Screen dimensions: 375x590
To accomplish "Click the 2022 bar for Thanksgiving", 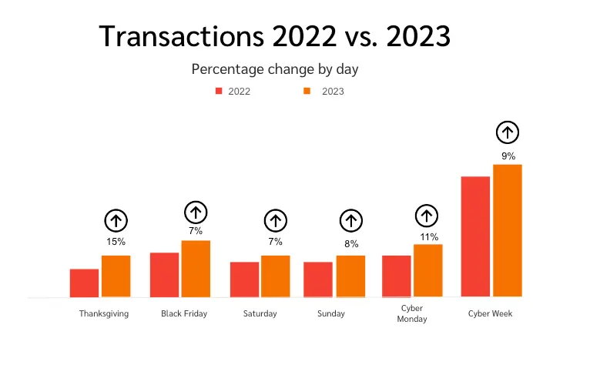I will coord(84,283).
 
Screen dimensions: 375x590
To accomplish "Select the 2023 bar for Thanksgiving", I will coord(116,276).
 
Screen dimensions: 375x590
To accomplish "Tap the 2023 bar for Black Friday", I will coord(196,268).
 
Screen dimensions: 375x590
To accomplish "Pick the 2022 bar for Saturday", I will coord(244,279).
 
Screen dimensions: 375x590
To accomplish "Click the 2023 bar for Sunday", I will coord(350,276).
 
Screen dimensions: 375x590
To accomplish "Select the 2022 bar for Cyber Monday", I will coord(397,276).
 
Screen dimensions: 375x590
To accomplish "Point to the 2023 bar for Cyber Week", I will coord(508,230).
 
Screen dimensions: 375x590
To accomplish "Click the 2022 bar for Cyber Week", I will coord(475,236).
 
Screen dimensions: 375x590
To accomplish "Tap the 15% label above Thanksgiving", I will coord(116,242).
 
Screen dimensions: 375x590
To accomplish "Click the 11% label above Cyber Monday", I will coord(429,237).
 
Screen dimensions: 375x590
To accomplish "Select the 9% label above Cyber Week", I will coord(508,156).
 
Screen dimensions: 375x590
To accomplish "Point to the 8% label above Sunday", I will coord(351,244).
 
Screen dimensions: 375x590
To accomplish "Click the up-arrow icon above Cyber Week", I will coord(507,132).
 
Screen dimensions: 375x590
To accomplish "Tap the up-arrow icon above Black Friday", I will coord(196,212).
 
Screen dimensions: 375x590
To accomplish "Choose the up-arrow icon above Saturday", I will coord(275,221).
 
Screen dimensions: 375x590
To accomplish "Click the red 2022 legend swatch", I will coord(219,91).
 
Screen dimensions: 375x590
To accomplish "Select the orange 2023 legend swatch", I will coord(306,91).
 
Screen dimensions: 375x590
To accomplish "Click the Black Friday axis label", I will coord(184,314).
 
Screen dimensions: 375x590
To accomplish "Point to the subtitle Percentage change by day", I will coord(275,69).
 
